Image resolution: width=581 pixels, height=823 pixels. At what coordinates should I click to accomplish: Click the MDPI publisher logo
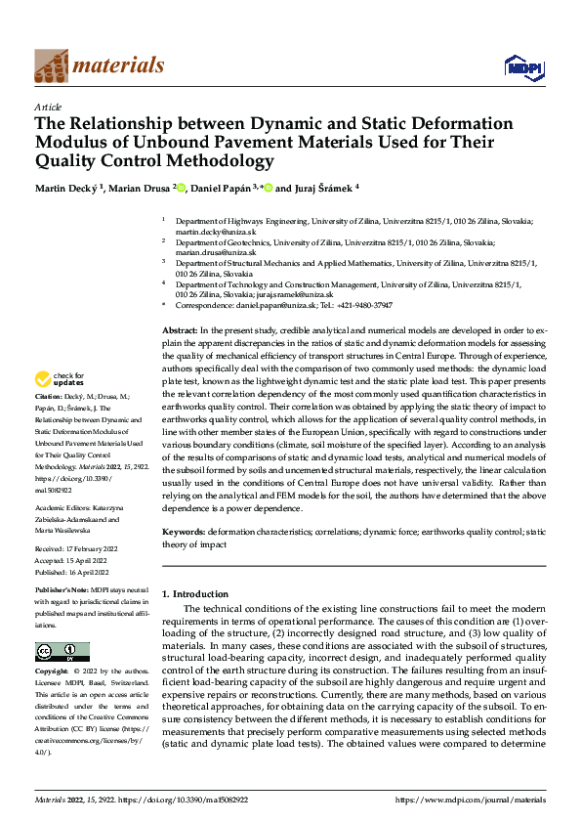(x=523, y=65)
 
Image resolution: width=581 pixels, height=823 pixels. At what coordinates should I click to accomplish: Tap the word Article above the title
(x=48, y=107)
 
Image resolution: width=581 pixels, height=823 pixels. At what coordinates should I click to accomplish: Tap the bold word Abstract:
(x=180, y=333)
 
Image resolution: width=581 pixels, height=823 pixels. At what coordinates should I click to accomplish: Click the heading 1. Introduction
(x=195, y=594)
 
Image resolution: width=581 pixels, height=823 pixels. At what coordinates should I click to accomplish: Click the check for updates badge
(x=61, y=378)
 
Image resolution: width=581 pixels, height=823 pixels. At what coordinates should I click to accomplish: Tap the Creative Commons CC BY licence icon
(x=62, y=652)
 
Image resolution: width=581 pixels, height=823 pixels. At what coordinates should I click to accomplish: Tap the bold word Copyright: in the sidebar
(x=54, y=672)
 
